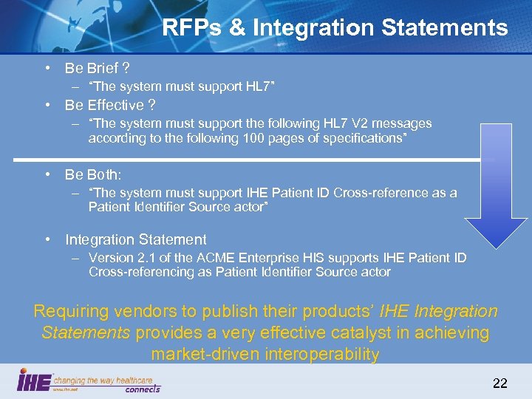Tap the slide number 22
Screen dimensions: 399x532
click(500, 383)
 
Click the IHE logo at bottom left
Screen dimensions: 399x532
click(34, 380)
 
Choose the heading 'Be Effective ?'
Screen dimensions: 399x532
click(110, 105)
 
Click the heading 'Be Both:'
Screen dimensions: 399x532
click(93, 174)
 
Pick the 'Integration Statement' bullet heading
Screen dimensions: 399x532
click(136, 239)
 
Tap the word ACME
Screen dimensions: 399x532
click(211, 258)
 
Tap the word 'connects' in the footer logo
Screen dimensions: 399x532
click(142, 388)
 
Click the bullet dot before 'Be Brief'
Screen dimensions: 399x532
click(47, 69)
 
